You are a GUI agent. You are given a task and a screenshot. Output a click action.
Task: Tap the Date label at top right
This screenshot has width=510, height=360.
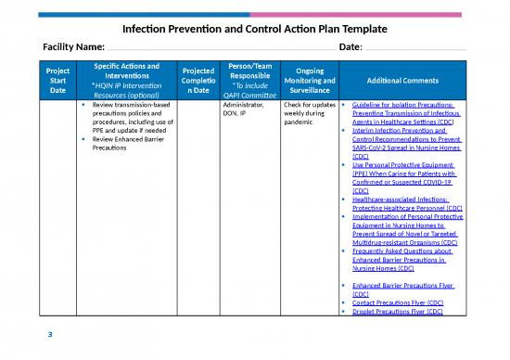351,47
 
